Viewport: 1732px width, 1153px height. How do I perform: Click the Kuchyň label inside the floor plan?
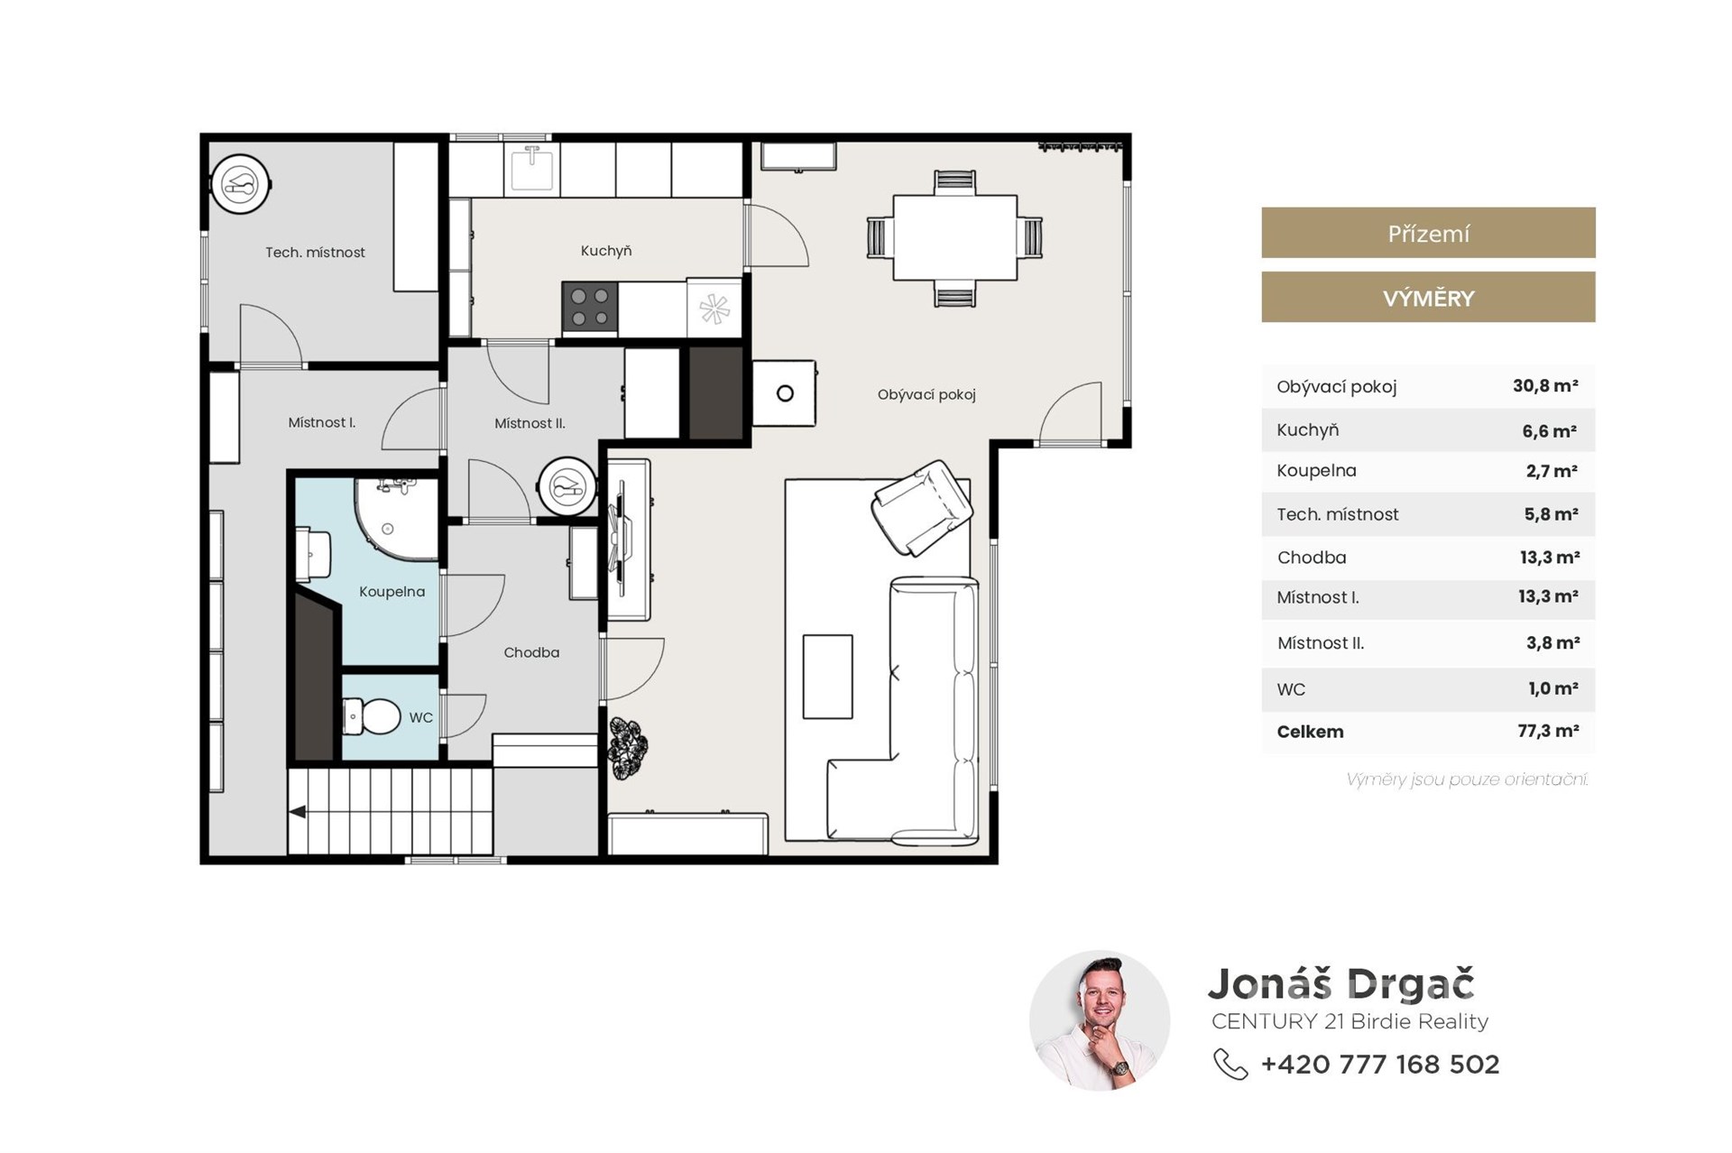coord(605,251)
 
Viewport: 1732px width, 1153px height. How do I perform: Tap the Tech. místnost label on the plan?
coord(315,253)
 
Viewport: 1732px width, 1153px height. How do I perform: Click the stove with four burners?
coord(590,307)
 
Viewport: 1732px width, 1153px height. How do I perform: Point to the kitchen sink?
coord(532,169)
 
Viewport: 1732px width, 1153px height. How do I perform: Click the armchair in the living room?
coord(922,508)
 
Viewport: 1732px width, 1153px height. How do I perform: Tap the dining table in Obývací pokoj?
coord(954,238)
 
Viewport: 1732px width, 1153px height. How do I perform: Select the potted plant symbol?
coord(627,746)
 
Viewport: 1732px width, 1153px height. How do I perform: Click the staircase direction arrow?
coord(297,812)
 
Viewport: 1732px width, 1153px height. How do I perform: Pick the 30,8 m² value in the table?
coord(1545,386)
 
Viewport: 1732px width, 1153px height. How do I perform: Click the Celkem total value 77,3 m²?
coord(1548,731)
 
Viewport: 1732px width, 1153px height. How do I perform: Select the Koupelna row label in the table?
coord(1316,470)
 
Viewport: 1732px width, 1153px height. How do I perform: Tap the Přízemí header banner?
coord(1428,233)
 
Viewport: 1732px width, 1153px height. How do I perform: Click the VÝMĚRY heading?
coord(1428,298)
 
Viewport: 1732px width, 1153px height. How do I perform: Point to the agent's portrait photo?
coord(1100,1020)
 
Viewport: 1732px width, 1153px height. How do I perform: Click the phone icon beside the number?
coord(1230,1064)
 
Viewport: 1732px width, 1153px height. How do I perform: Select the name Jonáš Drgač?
coord(1340,984)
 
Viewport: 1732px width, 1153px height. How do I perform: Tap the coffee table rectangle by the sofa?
coord(827,677)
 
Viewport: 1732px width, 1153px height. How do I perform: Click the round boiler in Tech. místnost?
coord(240,185)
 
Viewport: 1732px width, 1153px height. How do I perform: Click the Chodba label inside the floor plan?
coord(531,652)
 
